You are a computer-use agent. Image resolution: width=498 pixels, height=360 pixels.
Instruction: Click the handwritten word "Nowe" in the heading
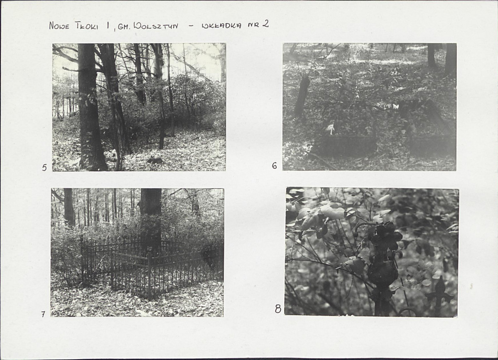pos(59,26)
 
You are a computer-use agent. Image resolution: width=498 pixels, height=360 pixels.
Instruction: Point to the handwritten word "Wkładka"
pos(222,25)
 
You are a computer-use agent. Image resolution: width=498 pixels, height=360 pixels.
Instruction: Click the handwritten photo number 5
pos(44,168)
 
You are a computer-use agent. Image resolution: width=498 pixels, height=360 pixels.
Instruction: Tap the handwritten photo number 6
pos(275,165)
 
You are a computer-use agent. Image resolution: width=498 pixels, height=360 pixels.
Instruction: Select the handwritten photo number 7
pos(43,314)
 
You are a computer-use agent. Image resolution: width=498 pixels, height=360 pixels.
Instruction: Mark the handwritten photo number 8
pos(278,308)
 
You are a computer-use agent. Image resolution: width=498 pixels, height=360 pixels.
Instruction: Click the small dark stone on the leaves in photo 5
pos(155,160)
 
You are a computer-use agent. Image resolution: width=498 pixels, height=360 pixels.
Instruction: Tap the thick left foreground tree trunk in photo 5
pos(91,108)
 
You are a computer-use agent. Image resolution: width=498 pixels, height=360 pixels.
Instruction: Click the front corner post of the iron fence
pos(149,276)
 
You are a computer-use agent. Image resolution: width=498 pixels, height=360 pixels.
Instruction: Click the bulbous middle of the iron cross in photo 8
pos(381,270)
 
